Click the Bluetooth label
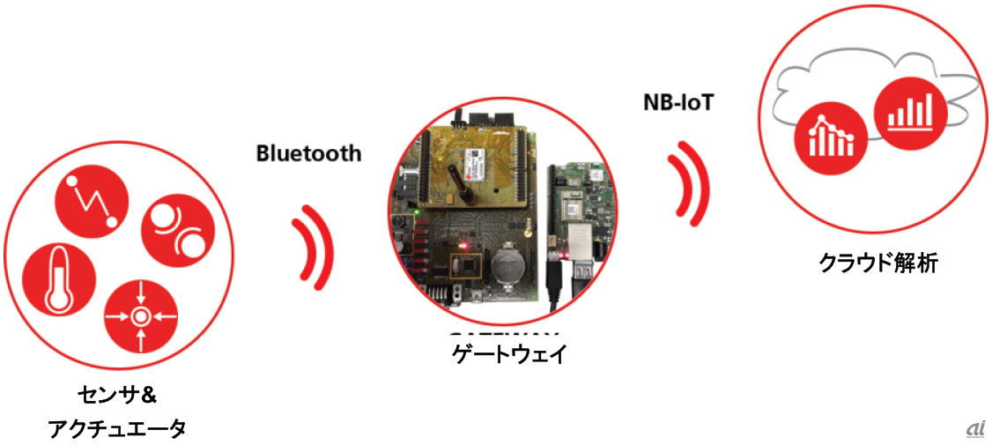pos(308,152)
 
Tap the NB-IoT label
pos(677,102)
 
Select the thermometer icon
pos(56,280)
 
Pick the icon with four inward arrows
pos(140,315)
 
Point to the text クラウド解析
pos(877,262)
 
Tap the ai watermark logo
pos(973,428)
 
